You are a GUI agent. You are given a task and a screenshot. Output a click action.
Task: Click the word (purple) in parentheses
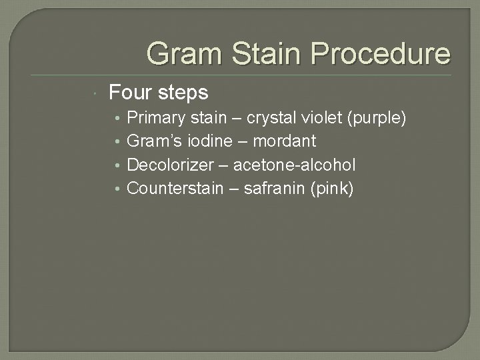pos(375,118)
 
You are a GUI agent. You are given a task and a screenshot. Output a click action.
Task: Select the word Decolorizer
pos(168,165)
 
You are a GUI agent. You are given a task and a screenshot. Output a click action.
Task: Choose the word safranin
pos(273,189)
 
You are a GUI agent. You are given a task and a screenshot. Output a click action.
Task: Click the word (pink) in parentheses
pos(331,189)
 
